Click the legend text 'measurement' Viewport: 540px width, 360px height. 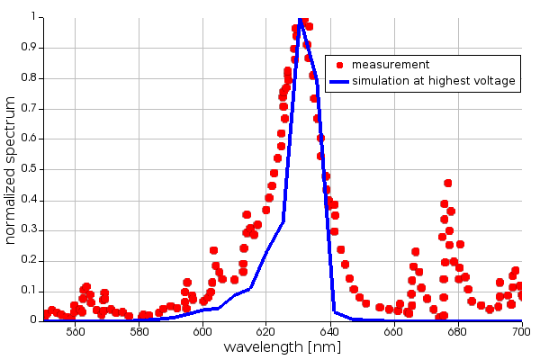click(390, 65)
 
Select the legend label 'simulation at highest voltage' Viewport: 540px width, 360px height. click(433, 81)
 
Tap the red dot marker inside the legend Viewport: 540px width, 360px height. click(339, 65)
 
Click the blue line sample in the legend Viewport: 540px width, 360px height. click(338, 81)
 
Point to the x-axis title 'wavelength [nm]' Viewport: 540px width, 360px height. click(283, 347)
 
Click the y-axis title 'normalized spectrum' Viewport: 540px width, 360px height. click(11, 168)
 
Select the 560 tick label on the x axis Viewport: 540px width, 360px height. click(76, 331)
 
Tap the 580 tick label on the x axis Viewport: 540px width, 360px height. click(139, 331)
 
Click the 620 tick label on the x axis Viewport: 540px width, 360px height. click(266, 331)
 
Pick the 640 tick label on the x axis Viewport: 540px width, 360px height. click(330, 331)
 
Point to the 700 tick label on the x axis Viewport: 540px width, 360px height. click(521, 331)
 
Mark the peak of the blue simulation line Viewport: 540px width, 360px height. click(300, 17)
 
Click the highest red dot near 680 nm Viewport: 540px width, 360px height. click(447, 183)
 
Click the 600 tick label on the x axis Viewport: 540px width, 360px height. click(202, 331)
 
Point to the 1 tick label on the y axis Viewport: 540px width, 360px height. click(34, 16)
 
